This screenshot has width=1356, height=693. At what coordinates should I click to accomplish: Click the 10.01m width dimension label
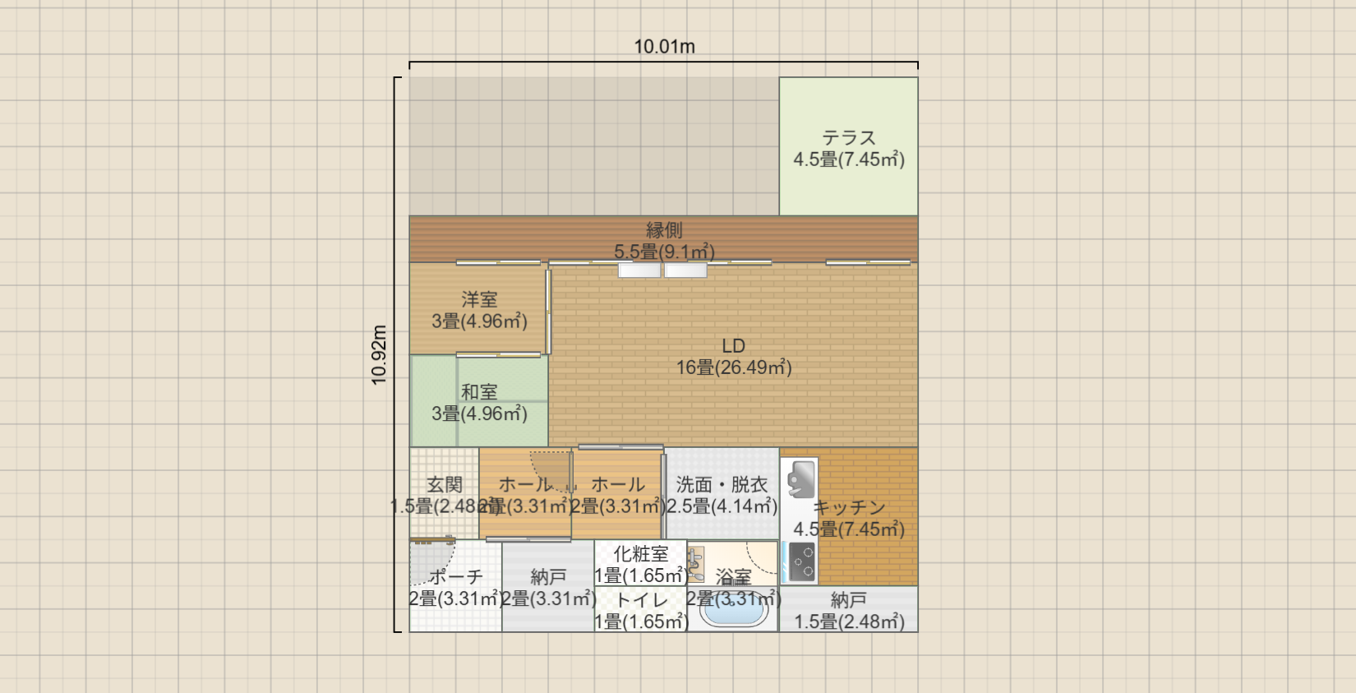(x=664, y=47)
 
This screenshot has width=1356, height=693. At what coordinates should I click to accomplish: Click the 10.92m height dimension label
(x=379, y=354)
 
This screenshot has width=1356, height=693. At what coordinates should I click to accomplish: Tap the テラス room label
(x=849, y=137)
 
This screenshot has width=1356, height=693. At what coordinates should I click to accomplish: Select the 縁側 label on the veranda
(x=664, y=230)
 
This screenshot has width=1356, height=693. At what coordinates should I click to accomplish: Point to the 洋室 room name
(x=479, y=299)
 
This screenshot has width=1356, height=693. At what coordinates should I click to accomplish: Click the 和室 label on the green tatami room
(x=479, y=392)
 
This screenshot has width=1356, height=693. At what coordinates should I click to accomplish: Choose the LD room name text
(x=733, y=345)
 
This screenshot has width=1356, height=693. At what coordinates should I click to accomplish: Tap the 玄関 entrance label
(x=445, y=485)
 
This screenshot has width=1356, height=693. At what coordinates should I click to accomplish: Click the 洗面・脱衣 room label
(x=722, y=485)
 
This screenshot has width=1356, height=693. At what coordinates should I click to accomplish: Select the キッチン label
(x=849, y=508)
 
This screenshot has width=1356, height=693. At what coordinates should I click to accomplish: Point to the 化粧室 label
(x=641, y=554)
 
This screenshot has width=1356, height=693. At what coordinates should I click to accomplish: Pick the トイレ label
(x=641, y=600)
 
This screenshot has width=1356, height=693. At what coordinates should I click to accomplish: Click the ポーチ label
(x=456, y=577)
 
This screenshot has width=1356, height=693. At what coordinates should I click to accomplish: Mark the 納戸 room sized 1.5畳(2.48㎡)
(x=849, y=600)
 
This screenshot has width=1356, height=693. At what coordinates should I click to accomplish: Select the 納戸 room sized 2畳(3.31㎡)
(x=548, y=577)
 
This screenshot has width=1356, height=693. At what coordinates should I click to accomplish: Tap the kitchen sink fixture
(x=800, y=479)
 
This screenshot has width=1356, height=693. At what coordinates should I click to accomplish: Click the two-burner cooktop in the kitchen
(x=800, y=562)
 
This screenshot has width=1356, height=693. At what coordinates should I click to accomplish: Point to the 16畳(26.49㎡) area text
(x=733, y=367)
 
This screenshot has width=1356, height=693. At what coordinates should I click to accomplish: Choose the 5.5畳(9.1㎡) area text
(x=664, y=252)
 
